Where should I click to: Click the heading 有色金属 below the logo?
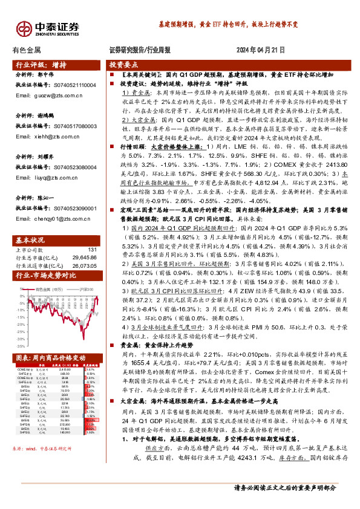point(26,50)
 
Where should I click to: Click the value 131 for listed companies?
point(92,249)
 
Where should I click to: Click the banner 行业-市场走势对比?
point(45,276)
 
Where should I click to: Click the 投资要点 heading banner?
point(124,64)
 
